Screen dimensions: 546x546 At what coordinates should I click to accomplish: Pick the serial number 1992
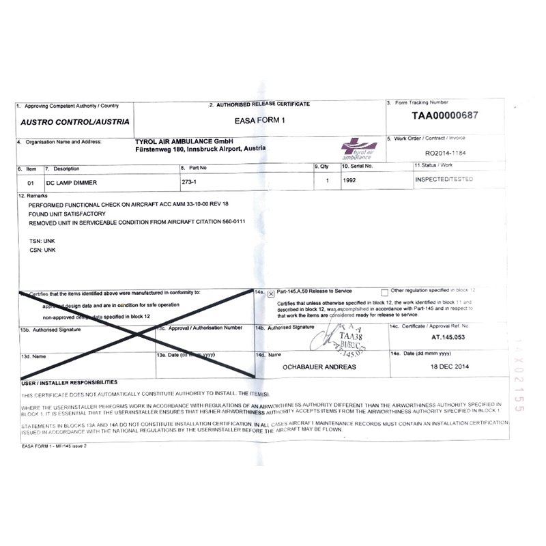351,181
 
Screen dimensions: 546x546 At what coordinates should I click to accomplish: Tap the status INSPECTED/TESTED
444,179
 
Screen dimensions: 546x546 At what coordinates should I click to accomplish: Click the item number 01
30,182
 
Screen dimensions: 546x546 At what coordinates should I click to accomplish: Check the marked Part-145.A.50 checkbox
271,294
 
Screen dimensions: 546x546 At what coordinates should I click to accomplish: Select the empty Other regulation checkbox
385,291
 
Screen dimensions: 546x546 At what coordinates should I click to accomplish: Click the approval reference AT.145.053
445,337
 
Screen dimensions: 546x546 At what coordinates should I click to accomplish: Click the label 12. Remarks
31,195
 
